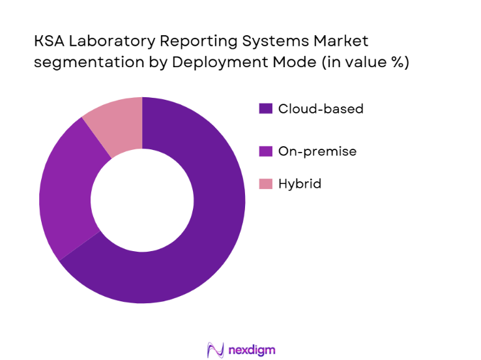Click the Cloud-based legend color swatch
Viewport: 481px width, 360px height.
pyautogui.click(x=265, y=109)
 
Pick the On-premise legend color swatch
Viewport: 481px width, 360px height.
pyautogui.click(x=265, y=151)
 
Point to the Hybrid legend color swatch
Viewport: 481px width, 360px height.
pyautogui.click(x=265, y=185)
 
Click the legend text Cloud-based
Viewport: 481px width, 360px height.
pyautogui.click(x=321, y=109)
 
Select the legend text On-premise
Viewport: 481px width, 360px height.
pyautogui.click(x=317, y=151)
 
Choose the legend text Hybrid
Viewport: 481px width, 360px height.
pyautogui.click(x=299, y=185)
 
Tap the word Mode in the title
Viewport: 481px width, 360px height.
pyautogui.click(x=280, y=63)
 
